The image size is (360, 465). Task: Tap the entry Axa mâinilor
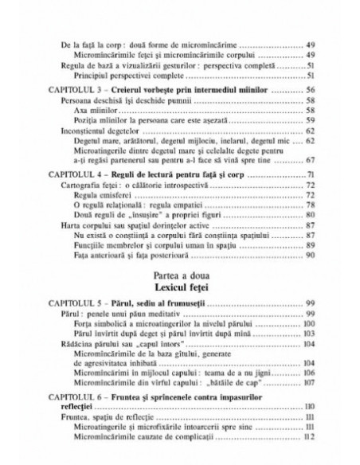coord(95,110)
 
